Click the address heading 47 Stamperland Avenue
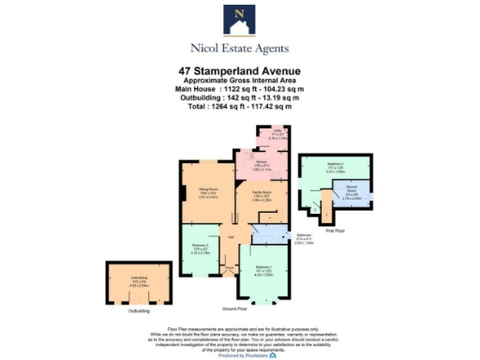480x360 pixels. click(x=239, y=70)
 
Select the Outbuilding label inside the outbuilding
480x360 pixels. click(x=140, y=279)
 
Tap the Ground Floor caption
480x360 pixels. click(x=235, y=307)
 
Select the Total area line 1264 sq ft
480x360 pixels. click(x=239, y=105)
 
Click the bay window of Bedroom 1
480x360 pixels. click(x=265, y=301)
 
